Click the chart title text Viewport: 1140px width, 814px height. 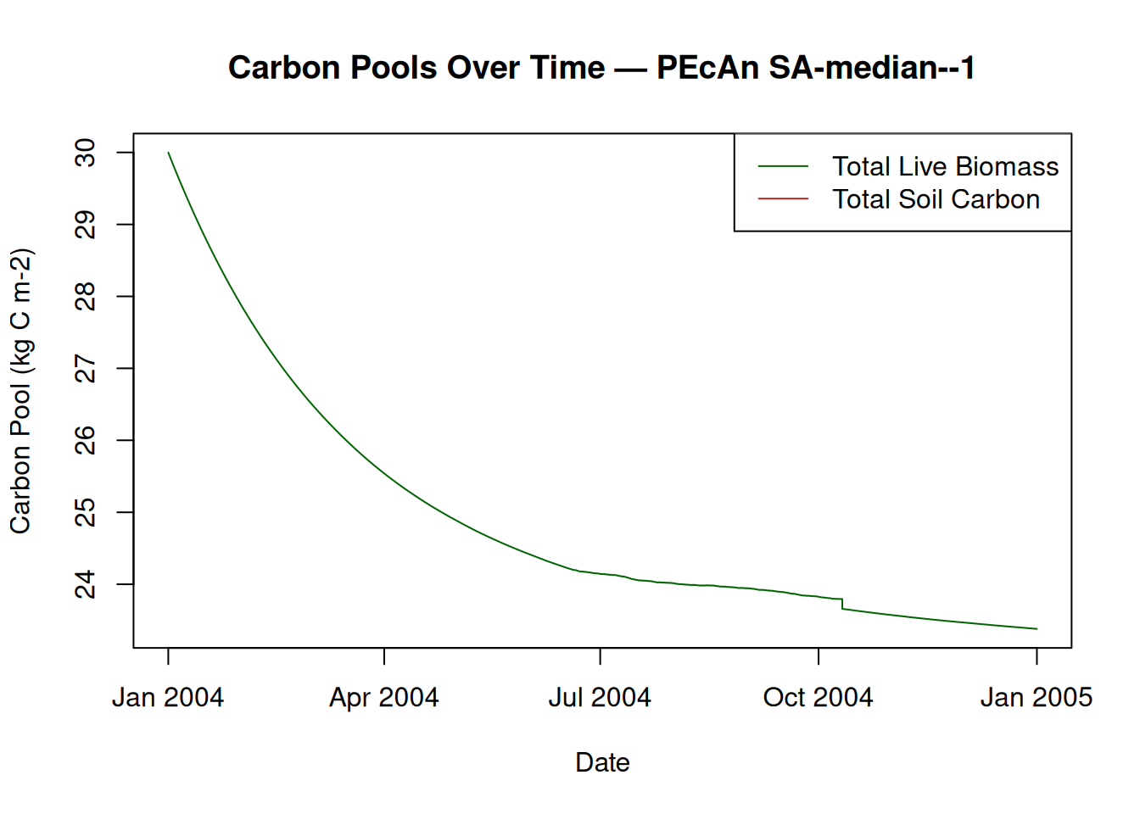pos(601,68)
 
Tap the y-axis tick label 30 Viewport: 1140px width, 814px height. pos(86,153)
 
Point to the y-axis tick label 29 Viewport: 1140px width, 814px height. pos(86,225)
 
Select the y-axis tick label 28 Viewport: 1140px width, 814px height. pos(86,297)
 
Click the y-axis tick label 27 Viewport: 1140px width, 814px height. pos(86,369)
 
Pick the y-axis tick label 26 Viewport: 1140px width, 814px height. pos(86,440)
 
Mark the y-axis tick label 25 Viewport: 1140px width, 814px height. pos(86,512)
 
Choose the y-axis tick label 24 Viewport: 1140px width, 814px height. pos(86,584)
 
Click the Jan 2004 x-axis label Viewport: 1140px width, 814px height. pos(168,698)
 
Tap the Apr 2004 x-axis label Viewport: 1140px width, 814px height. pos(384,698)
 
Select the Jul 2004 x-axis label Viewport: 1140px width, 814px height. pos(600,698)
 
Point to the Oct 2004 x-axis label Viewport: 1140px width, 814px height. pos(818,698)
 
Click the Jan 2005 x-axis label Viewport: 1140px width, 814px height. pos(1036,698)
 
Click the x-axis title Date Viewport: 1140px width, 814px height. pos(602,762)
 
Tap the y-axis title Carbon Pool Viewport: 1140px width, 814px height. pos(20,391)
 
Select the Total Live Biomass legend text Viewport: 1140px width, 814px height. pos(945,166)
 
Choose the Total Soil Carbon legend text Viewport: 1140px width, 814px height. pos(936,199)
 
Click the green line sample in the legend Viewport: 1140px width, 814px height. pos(783,166)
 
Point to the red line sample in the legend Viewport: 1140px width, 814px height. pos(783,198)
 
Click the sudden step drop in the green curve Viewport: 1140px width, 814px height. pos(842,605)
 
